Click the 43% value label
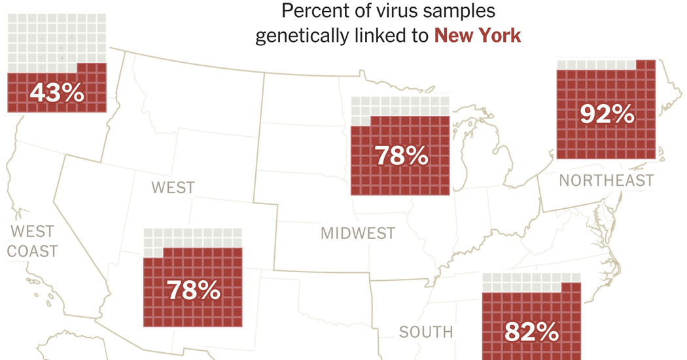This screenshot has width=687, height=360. tap(56, 92)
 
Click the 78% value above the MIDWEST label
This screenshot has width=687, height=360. tap(401, 156)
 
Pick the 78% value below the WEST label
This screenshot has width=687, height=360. tap(193, 290)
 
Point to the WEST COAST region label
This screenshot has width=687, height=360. tap(33, 241)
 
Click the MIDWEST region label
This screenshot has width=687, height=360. tap(357, 233)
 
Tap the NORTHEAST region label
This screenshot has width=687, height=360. tap(607, 180)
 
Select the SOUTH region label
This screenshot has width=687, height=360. tap(426, 332)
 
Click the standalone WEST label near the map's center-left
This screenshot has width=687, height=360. tap(173, 188)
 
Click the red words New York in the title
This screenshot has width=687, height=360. tap(478, 35)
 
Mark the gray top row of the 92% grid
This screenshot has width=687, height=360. tap(594, 64)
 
